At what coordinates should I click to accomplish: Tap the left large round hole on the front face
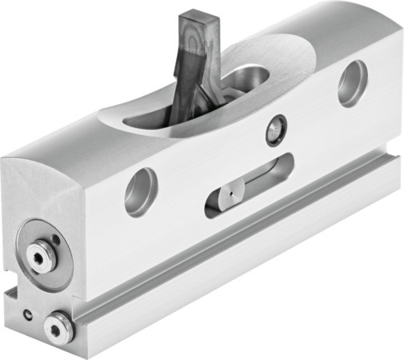[x=141, y=191]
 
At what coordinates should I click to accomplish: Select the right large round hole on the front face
[x=352, y=82]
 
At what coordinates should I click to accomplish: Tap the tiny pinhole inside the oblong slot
[x=230, y=192]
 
